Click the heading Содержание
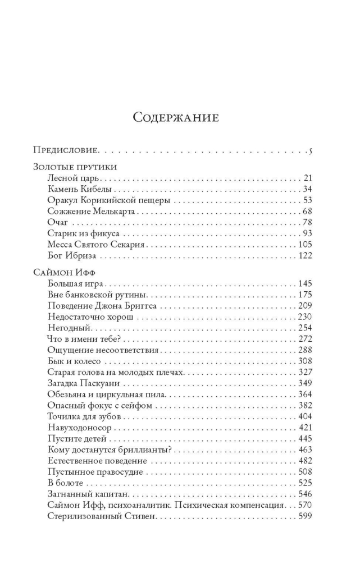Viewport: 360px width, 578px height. click(175, 117)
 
